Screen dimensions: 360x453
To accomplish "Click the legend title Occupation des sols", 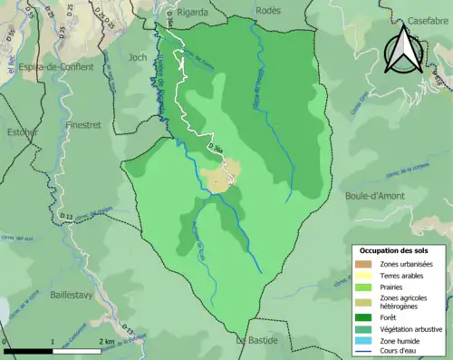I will pos(394,249).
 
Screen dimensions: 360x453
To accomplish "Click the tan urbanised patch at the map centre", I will pos(222,177).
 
